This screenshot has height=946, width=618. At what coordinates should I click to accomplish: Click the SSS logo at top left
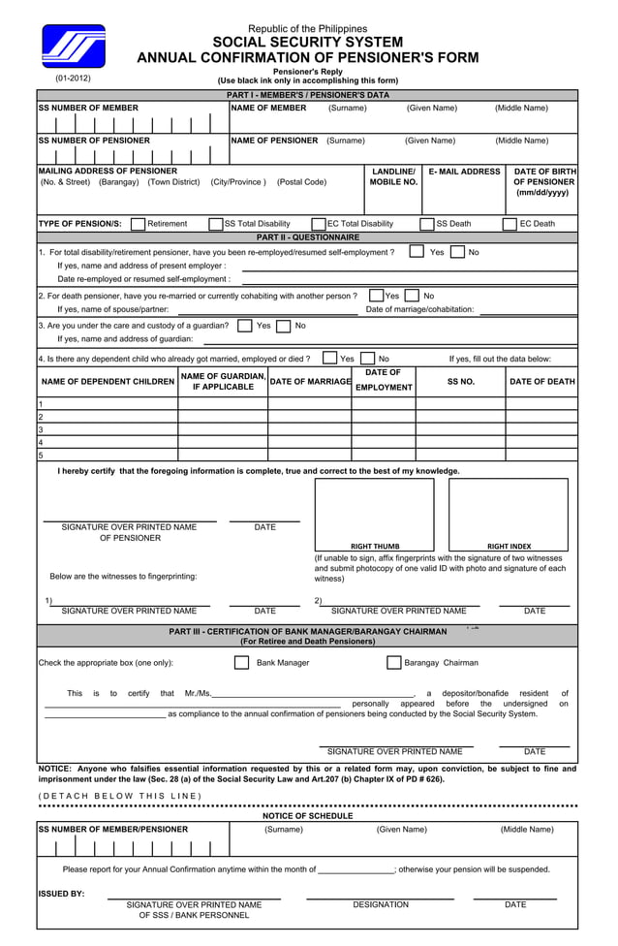point(73,47)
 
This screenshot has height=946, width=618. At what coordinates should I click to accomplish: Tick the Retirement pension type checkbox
point(138,224)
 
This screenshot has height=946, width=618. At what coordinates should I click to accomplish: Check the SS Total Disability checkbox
point(216,224)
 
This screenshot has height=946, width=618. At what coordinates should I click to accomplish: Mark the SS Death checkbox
point(427,224)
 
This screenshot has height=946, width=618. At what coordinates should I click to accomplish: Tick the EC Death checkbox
point(510,224)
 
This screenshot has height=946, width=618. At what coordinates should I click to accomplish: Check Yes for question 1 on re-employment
point(416,252)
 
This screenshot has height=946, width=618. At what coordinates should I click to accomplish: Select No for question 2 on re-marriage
point(412,296)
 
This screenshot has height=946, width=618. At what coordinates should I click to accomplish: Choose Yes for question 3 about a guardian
point(245,326)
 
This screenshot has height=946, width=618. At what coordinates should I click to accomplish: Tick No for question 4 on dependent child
point(367,359)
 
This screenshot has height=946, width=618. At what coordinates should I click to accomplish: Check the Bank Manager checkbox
point(242,663)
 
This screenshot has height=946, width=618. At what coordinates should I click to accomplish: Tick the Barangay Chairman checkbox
point(393,663)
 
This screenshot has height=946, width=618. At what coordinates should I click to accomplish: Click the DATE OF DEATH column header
point(541,382)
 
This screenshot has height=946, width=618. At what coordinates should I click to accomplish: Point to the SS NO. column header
point(460,382)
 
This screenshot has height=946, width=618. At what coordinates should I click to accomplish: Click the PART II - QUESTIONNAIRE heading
point(308,237)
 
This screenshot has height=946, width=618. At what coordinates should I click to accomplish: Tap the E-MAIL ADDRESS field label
point(464,172)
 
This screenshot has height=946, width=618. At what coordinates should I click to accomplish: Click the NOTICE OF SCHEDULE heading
point(308,816)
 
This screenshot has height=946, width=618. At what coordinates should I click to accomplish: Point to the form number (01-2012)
point(73,78)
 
